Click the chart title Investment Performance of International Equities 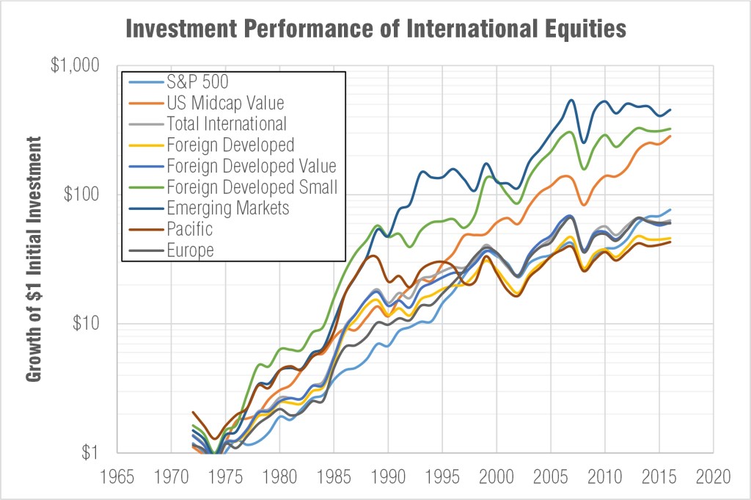pos(375,29)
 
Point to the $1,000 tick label pos(74,65)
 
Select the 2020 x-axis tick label pos(714,476)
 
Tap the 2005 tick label pos(551,476)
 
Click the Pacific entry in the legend pos(189,229)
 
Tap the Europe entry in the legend pos(190,250)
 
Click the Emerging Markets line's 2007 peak pos(572,100)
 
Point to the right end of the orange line pos(670,136)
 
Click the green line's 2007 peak pos(571,132)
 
